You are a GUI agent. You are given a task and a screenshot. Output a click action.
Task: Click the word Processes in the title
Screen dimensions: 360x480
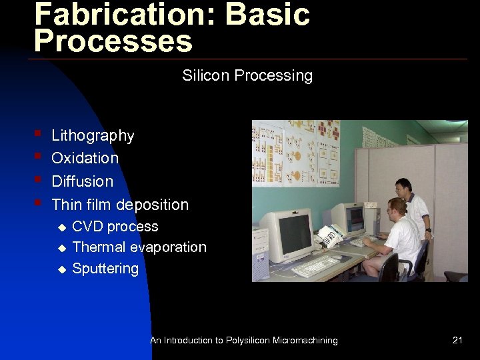pos(113,41)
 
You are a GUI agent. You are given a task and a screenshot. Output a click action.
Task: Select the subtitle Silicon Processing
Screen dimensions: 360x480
pos(247,75)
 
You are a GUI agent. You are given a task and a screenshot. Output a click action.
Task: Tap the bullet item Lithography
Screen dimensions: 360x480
pos(93,136)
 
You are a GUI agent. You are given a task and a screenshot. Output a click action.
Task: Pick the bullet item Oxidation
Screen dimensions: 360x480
pos(85,159)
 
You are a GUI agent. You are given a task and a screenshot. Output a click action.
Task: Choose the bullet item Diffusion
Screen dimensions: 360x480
pos(82,181)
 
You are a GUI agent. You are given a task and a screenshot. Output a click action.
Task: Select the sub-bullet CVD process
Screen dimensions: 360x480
pos(115,227)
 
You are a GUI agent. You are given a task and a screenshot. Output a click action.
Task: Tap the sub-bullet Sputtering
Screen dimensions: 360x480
pos(105,269)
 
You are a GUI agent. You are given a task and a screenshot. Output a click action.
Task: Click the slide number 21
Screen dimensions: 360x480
pos(457,341)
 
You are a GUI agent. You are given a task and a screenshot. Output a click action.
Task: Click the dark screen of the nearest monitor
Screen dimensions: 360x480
pos(294,233)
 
